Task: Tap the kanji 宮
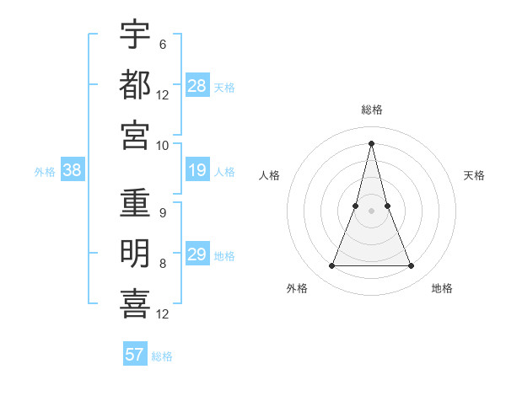(x=135, y=135)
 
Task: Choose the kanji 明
(x=135, y=254)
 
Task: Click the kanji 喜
(x=135, y=304)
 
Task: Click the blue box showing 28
(x=197, y=86)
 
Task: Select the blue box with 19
(x=197, y=171)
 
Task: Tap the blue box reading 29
(x=197, y=255)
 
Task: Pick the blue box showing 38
(x=73, y=171)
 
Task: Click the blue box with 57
(x=135, y=355)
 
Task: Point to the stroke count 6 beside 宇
(x=162, y=44)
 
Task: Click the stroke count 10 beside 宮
(x=162, y=146)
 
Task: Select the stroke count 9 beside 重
(x=162, y=213)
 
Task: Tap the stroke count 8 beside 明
(x=162, y=264)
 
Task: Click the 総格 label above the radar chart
(x=372, y=110)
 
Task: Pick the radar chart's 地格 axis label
(x=442, y=288)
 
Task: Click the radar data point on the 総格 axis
(x=372, y=142)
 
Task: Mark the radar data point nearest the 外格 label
(x=331, y=266)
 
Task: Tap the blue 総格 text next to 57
(x=162, y=356)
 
